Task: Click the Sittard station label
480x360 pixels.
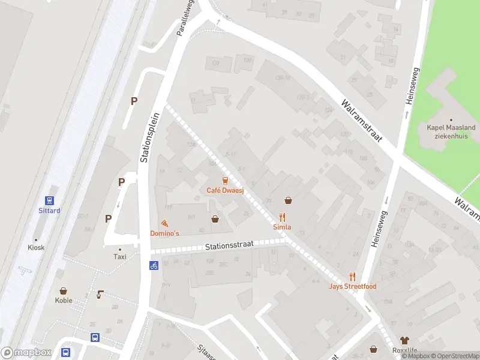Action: (x=50, y=211)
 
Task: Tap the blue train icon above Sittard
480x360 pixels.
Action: (x=50, y=200)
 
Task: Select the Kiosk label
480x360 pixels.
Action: (x=36, y=247)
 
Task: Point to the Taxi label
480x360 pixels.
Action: (x=120, y=256)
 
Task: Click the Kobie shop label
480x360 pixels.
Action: (x=64, y=301)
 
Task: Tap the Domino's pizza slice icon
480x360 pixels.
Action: (x=164, y=223)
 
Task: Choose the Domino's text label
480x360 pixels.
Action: (x=164, y=233)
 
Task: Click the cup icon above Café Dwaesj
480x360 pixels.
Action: (x=226, y=181)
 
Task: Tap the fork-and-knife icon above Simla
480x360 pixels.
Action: (x=283, y=217)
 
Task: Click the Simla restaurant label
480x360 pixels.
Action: (x=282, y=227)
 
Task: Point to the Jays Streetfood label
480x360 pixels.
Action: (x=353, y=286)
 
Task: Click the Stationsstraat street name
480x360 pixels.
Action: (x=229, y=245)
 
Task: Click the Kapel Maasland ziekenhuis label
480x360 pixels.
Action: (x=451, y=131)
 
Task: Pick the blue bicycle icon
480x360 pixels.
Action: (x=154, y=265)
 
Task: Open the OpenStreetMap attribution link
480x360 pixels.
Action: (x=454, y=356)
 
